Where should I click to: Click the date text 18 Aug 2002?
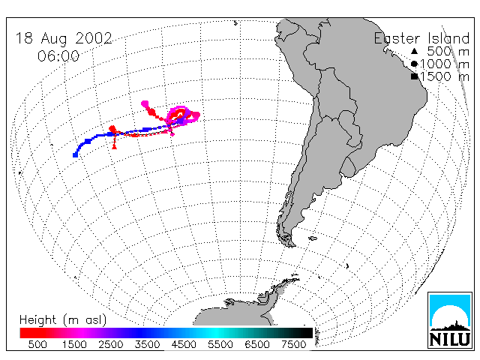(x=64, y=39)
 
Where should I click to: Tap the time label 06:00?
(x=58, y=56)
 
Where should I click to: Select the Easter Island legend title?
(x=421, y=38)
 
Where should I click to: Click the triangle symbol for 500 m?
(x=414, y=51)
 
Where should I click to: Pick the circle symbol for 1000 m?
(x=414, y=64)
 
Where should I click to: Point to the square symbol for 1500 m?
(x=414, y=76)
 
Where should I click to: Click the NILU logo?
(x=450, y=320)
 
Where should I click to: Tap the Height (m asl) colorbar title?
(x=63, y=320)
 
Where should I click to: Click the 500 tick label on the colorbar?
(x=37, y=344)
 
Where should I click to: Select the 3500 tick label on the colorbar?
(x=147, y=344)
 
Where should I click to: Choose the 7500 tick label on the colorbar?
(x=293, y=344)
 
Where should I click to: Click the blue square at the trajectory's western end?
(x=75, y=155)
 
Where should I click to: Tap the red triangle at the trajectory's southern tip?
(x=114, y=147)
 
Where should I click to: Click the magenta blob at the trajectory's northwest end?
(x=145, y=103)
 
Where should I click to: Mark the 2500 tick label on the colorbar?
(x=110, y=344)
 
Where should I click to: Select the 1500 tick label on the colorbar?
(x=74, y=344)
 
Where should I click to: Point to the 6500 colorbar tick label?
(x=256, y=344)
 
